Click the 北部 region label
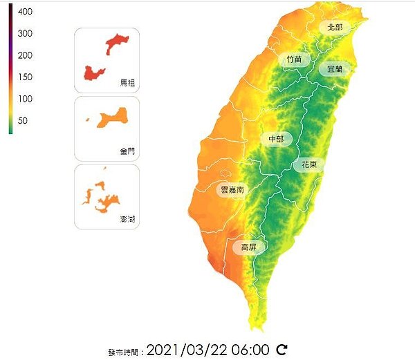click(335, 27)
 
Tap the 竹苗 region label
click(294, 59)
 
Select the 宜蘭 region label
click(335, 69)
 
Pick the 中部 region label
click(275, 139)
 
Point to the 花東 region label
click(308, 165)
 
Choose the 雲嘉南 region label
click(231, 189)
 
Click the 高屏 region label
click(248, 247)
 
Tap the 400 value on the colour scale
click(25, 12)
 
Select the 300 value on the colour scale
click(25, 34)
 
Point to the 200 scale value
click(25, 55)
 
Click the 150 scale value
click(25, 77)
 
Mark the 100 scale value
click(25, 99)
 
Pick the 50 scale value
click(23, 121)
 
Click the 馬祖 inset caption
click(128, 83)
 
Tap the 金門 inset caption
click(128, 151)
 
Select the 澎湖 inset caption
click(128, 219)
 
